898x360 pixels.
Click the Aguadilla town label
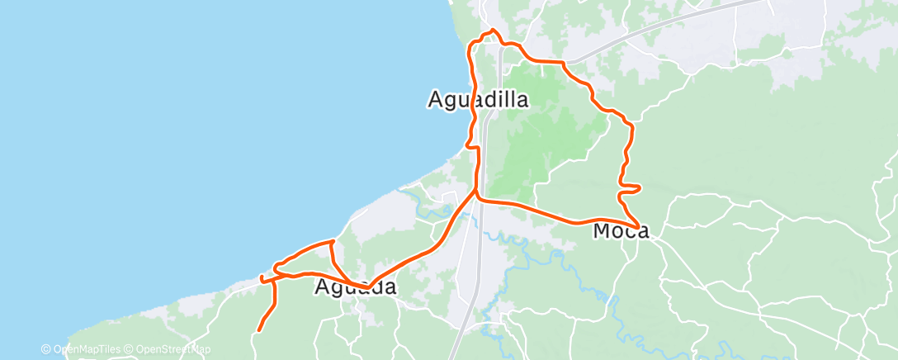(x=478, y=99)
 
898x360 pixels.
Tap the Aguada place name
(x=356, y=287)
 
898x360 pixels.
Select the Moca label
(x=621, y=232)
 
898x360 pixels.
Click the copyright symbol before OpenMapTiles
(x=45, y=349)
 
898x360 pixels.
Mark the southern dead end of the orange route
(x=258, y=330)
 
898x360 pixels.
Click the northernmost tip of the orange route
(x=493, y=31)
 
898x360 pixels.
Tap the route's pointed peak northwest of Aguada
(x=332, y=241)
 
